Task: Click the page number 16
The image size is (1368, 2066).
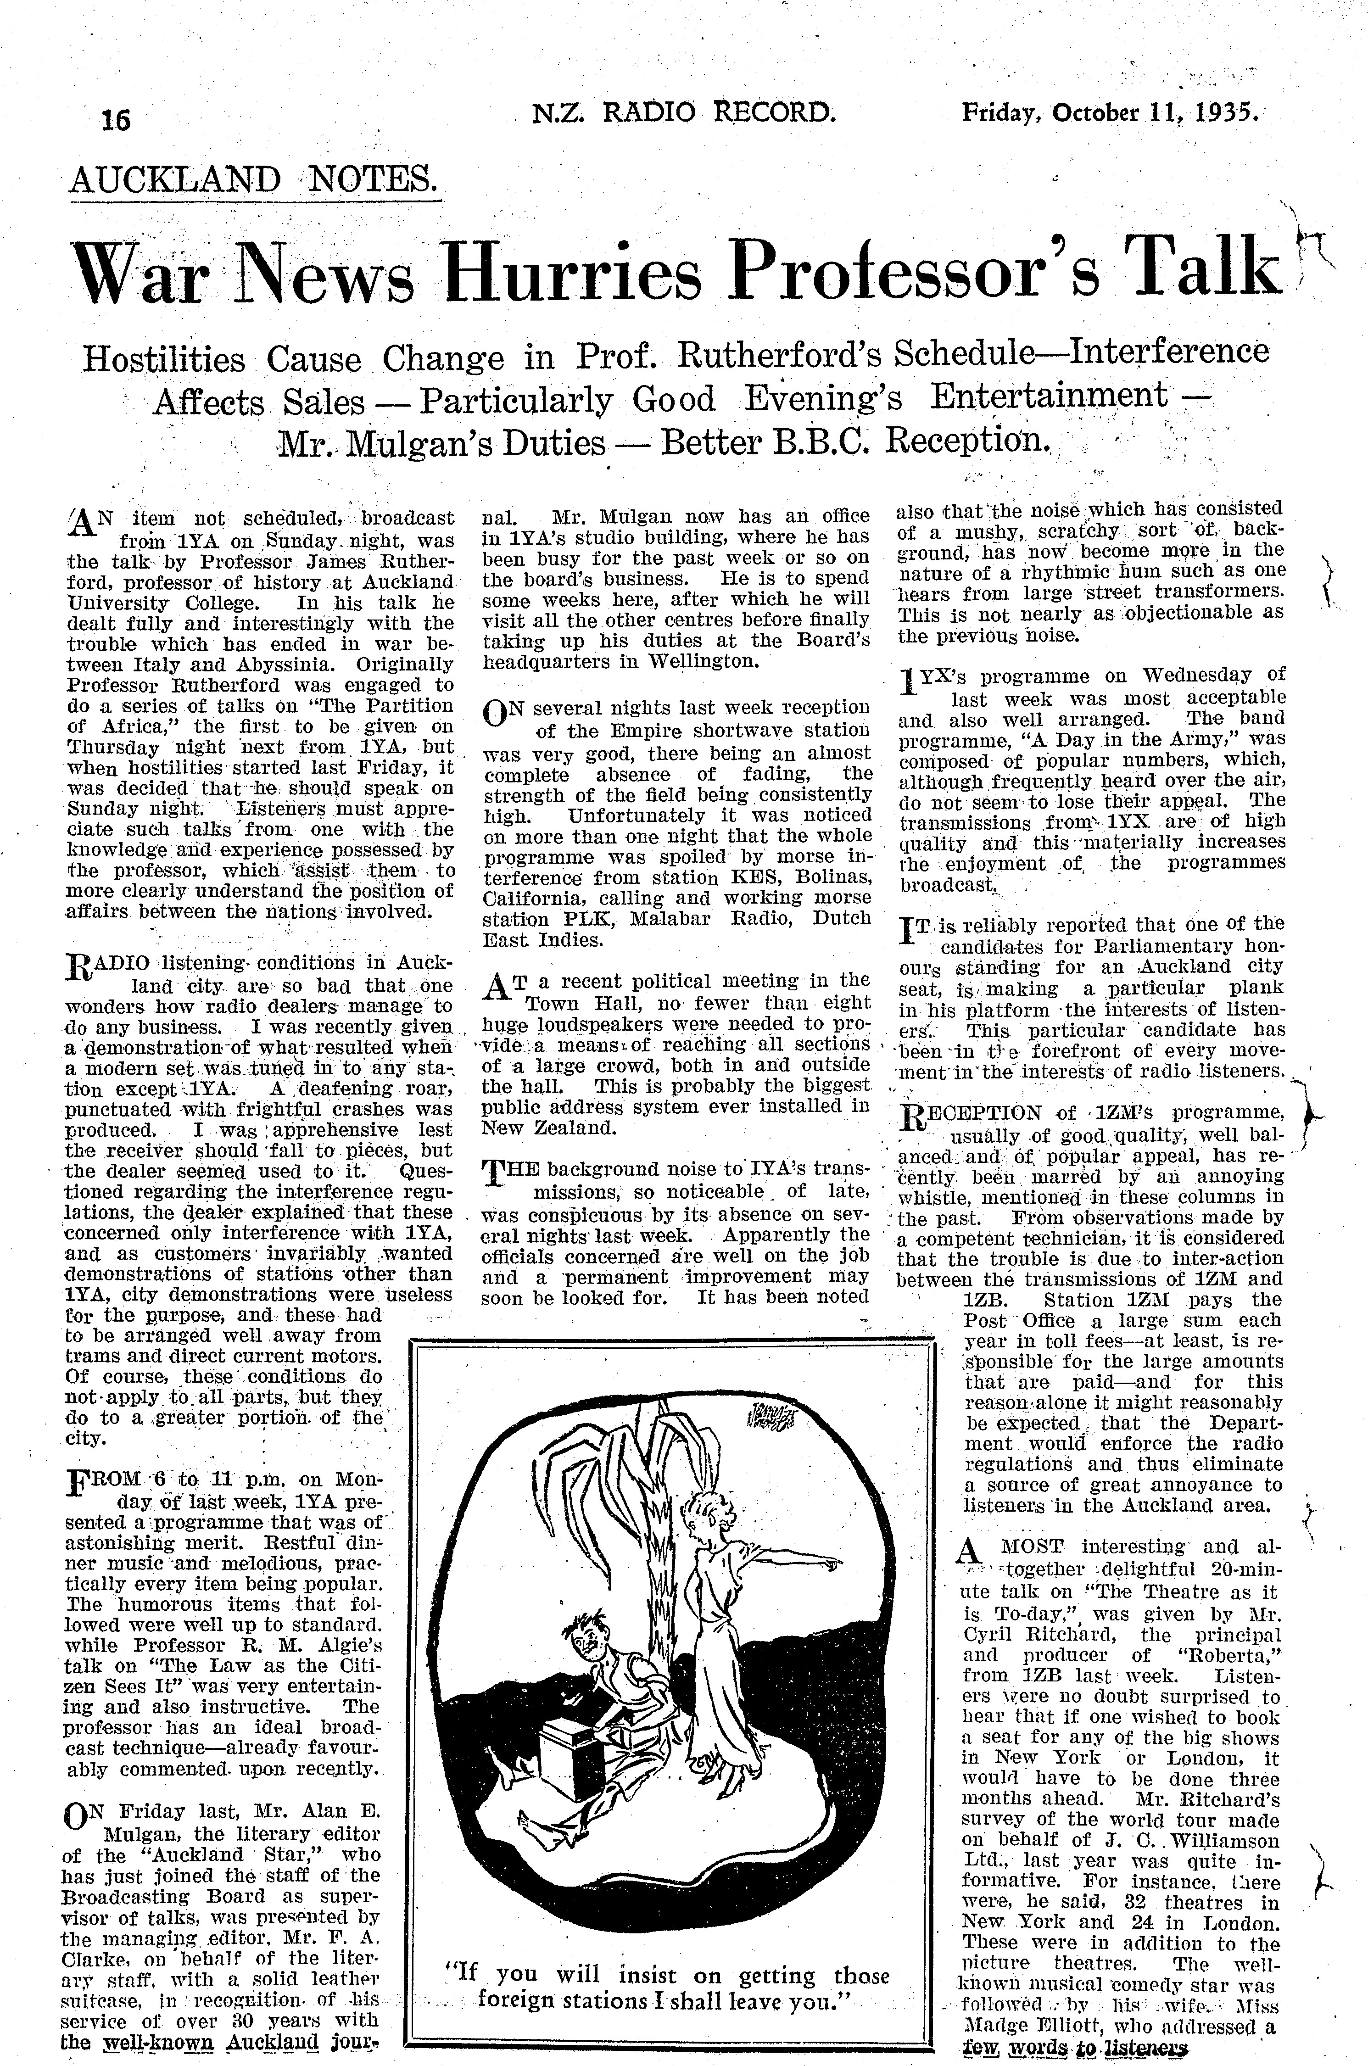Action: pyautogui.click(x=116, y=119)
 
